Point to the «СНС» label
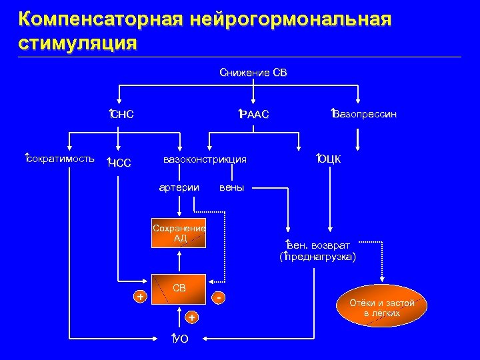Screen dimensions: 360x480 (123, 115)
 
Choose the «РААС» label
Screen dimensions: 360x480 (254, 115)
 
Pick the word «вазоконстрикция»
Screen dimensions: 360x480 (205, 159)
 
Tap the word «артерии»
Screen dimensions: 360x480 (179, 187)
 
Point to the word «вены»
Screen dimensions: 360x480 (231, 187)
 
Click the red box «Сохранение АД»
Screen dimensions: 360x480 (179, 233)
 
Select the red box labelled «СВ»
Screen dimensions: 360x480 (179, 289)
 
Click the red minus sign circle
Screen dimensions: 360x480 (219, 296)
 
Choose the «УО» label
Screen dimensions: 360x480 (180, 339)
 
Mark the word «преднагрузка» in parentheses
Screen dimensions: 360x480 (319, 257)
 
